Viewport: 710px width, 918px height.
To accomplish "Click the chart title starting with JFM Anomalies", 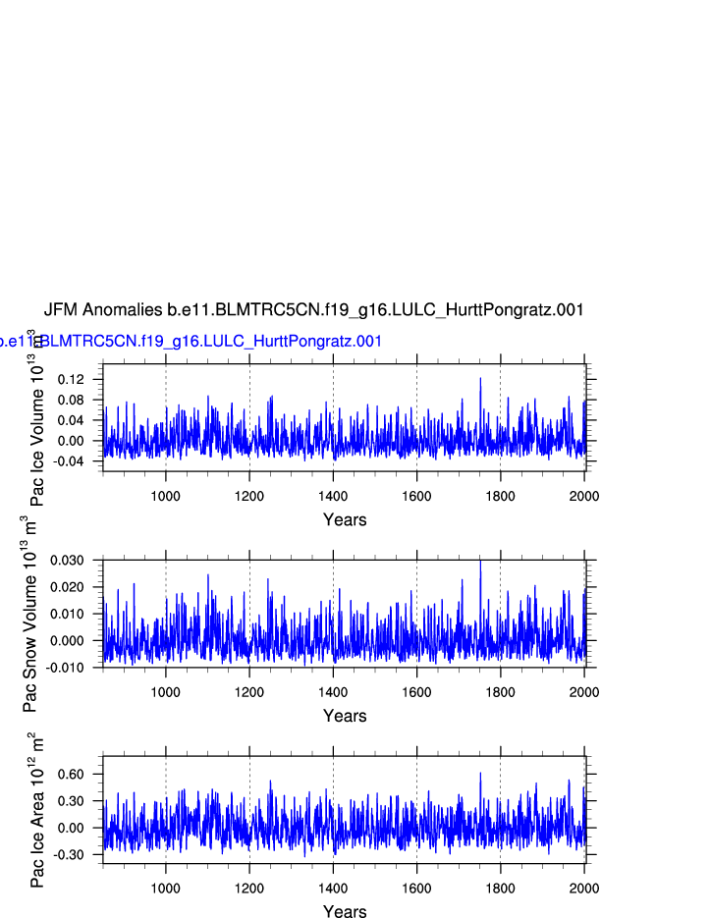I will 314,310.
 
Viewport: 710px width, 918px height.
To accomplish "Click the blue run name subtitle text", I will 191,342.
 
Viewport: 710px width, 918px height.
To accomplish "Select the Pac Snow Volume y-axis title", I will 30,614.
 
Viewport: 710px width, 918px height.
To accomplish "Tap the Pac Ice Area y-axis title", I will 37,810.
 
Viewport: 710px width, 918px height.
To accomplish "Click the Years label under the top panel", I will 345,520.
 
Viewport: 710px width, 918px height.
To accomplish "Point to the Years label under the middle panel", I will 345,717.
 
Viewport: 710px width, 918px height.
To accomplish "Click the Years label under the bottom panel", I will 345,912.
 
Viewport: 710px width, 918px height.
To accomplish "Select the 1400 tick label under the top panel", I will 333,496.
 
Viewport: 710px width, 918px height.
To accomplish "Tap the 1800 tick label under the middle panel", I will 501,692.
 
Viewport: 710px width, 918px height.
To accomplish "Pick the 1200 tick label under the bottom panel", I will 249,888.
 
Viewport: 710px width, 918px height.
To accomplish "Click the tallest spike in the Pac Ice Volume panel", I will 480,379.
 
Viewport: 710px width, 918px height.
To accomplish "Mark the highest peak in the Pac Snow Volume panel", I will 480,562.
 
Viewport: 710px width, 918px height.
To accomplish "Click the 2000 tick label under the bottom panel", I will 584,888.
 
